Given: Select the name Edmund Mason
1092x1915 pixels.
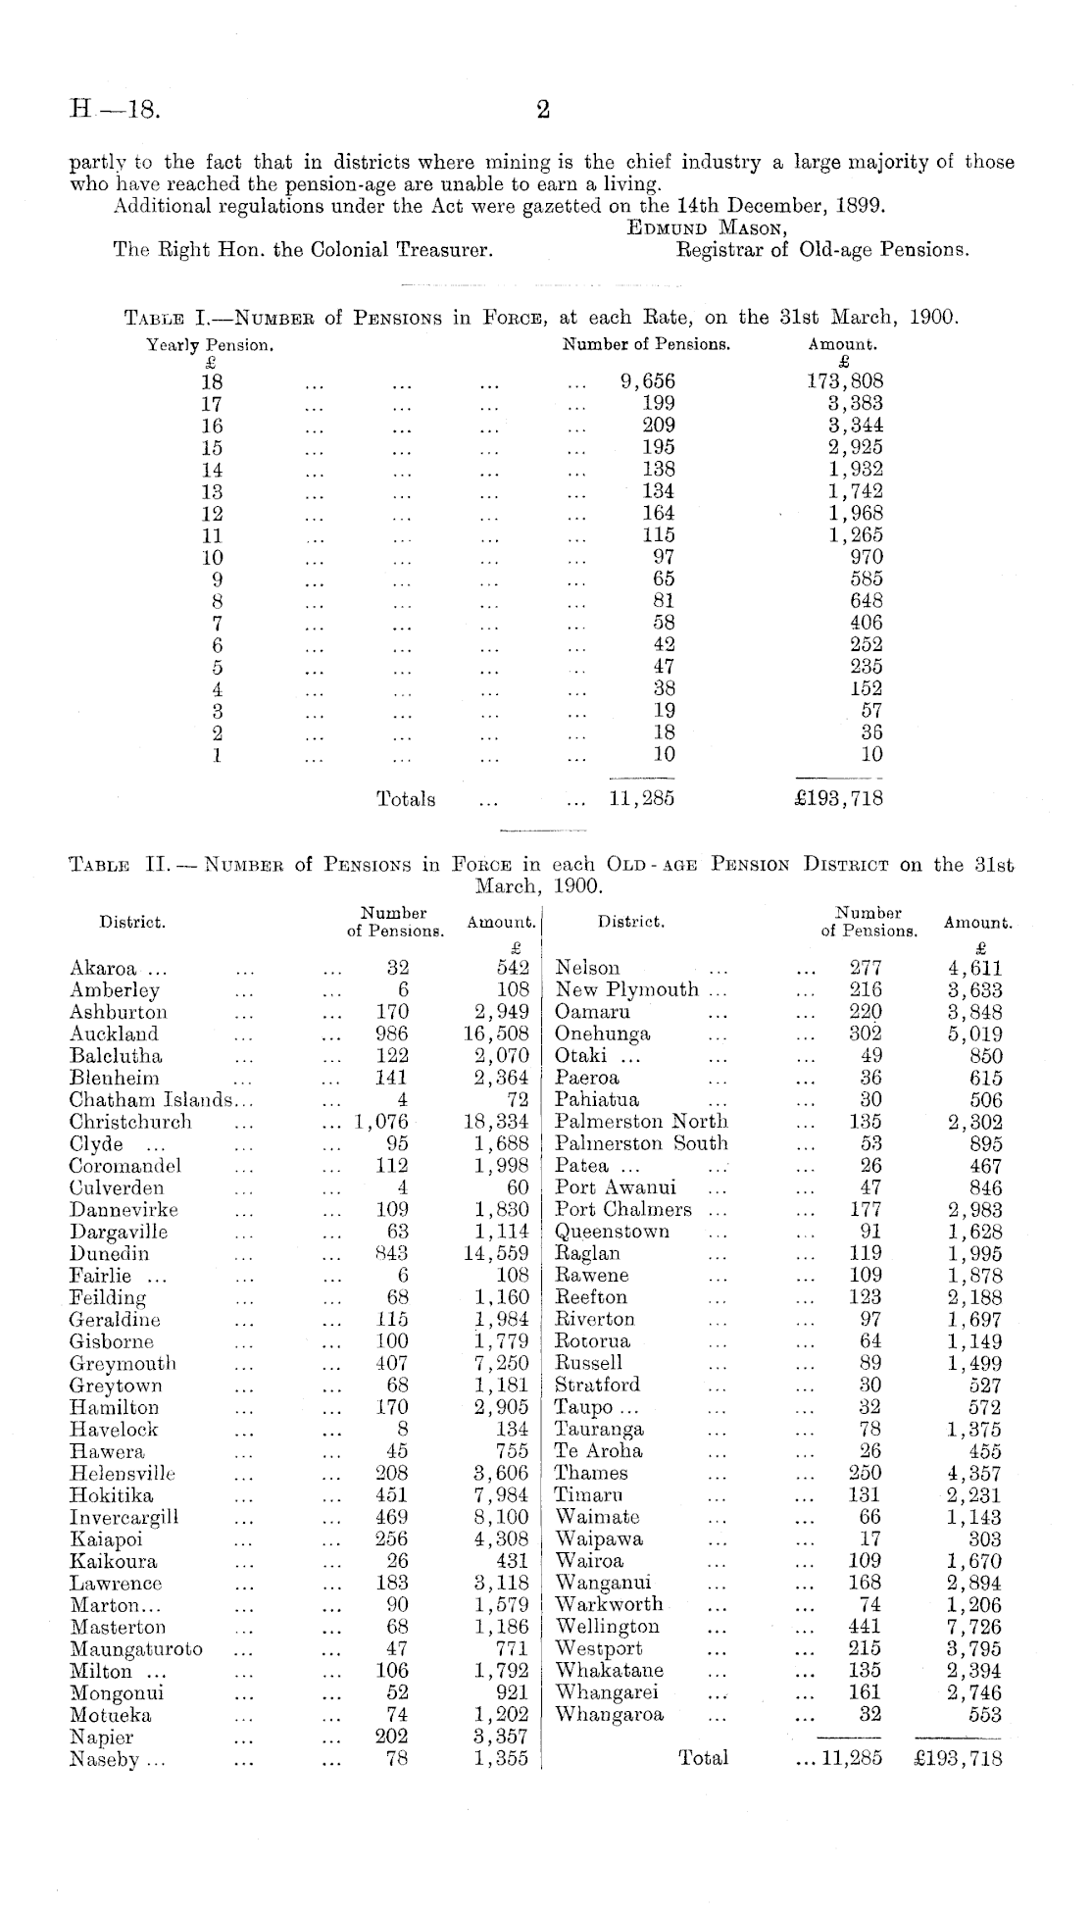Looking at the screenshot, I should (x=709, y=228).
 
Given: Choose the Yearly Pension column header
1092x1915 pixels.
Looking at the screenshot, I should (x=209, y=345).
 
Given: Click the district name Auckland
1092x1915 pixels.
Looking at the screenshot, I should (x=114, y=1033).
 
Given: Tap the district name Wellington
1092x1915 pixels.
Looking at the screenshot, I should (x=608, y=1627).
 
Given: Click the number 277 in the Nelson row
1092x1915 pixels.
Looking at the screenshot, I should (x=866, y=969).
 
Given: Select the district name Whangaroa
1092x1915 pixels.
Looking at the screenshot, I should (x=610, y=1715).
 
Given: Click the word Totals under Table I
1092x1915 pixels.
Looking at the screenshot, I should (x=406, y=799).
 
